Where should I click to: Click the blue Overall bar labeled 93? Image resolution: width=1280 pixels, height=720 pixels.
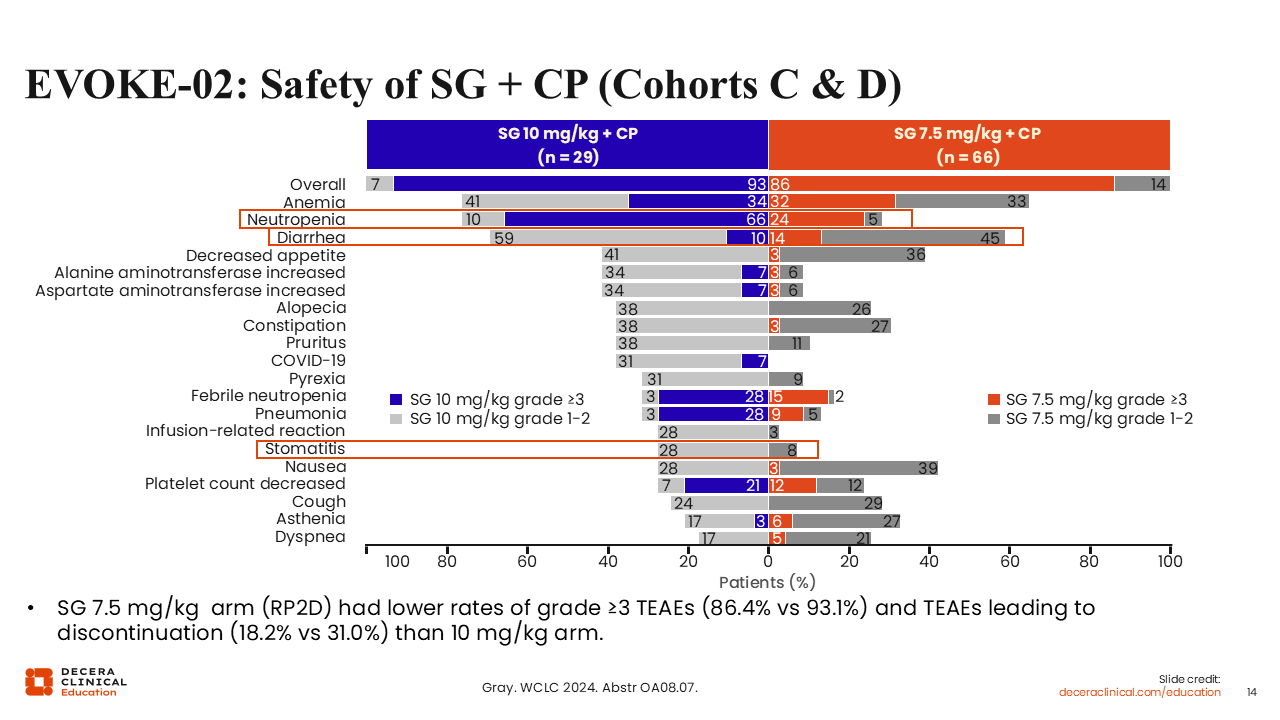pos(580,184)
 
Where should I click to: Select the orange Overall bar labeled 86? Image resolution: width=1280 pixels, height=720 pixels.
pos(940,184)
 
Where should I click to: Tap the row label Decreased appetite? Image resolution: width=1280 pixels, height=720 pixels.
pos(266,255)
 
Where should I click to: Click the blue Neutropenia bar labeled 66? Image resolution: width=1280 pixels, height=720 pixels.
pos(636,219)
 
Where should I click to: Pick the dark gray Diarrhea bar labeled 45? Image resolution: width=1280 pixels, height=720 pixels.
pos(912,237)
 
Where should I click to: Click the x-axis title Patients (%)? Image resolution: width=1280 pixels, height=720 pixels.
pos(767,581)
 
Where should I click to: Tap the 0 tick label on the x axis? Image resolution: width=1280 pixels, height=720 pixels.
pos(768,561)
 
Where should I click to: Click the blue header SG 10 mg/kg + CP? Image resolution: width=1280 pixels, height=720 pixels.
pos(567,145)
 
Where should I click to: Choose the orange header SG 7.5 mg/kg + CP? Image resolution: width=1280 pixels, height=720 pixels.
pos(968,145)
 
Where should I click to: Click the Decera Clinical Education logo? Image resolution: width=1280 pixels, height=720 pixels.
pos(76,681)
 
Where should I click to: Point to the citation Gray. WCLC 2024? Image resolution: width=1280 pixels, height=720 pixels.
pos(589,687)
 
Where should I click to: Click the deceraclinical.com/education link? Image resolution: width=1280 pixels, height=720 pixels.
pos(1140,692)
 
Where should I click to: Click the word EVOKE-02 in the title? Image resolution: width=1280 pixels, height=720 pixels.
pos(129,85)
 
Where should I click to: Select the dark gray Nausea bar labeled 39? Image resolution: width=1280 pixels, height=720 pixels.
pos(858,467)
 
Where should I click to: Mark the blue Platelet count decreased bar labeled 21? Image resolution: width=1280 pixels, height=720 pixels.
pos(726,485)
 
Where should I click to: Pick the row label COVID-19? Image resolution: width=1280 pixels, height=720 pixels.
pos(308,360)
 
